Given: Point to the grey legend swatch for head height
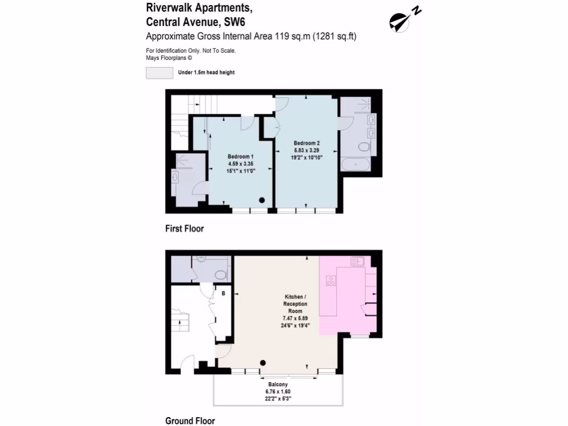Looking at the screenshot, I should (159, 73).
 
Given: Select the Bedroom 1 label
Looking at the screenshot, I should (241, 156).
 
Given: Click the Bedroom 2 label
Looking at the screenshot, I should (307, 143).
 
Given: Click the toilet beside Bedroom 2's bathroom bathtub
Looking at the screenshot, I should (364, 146).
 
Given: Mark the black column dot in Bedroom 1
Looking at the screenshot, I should (262, 200).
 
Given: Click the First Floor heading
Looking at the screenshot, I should (185, 229).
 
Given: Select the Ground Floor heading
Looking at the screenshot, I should (190, 421).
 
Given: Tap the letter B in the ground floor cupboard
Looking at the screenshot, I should (224, 293).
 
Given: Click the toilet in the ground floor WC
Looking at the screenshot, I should (220, 274).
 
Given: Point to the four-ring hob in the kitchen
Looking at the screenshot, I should (331, 280).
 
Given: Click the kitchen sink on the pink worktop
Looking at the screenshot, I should (358, 261).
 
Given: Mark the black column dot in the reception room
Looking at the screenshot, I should (263, 363).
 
